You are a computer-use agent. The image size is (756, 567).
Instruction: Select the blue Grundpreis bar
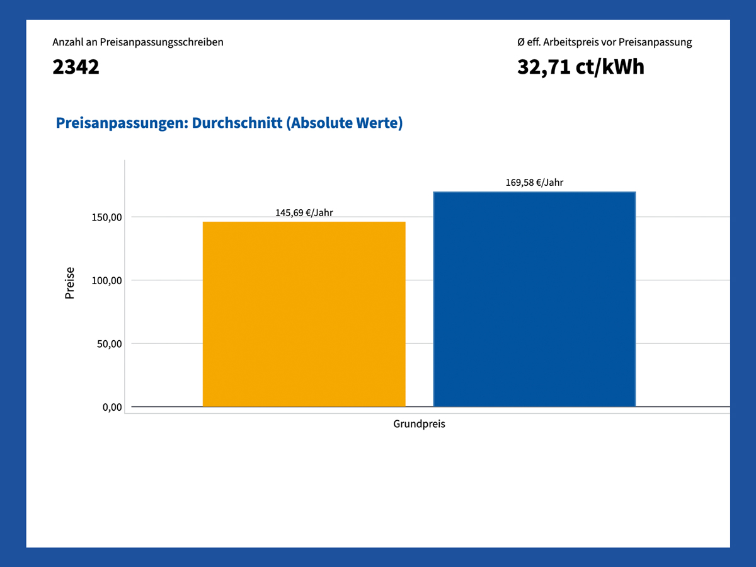534,299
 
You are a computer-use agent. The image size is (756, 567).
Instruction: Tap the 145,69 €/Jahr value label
304,213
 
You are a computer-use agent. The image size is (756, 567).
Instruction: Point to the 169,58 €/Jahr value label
534,183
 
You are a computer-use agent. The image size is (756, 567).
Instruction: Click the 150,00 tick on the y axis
106,217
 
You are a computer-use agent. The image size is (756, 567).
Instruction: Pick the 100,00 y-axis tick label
106,280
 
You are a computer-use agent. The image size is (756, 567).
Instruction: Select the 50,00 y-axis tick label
108,344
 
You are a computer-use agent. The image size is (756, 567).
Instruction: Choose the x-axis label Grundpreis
419,424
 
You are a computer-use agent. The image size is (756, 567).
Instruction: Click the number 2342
76,67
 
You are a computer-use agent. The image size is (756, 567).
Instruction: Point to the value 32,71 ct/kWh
580,67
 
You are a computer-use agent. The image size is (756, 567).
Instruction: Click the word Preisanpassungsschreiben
161,42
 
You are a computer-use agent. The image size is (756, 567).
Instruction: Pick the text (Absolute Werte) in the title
344,123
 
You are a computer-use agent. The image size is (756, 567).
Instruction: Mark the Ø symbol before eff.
520,42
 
